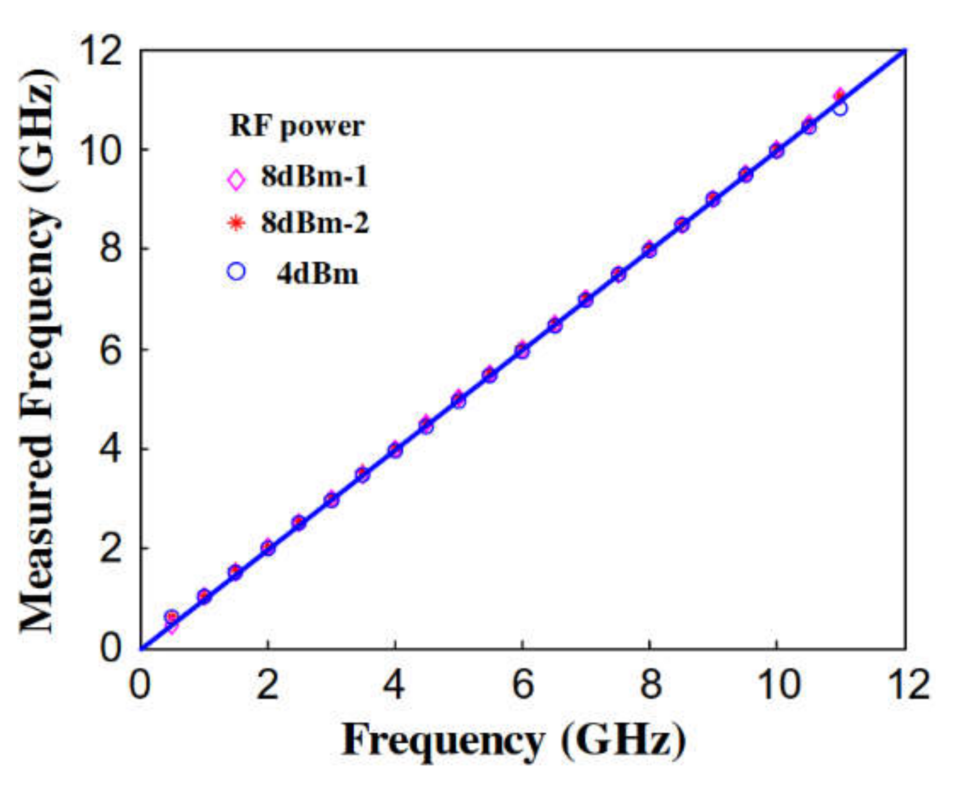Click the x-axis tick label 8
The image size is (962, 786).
[x=650, y=684]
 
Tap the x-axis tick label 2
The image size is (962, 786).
[x=267, y=684]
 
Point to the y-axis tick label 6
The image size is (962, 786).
[x=110, y=351]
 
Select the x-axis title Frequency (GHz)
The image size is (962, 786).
[x=514, y=740]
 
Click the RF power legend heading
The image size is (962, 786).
[x=297, y=126]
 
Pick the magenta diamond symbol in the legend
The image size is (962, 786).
[x=236, y=179]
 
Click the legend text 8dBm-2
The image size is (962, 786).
[x=314, y=223]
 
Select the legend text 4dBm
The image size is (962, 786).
[x=317, y=274]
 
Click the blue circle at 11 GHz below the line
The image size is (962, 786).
[x=840, y=109]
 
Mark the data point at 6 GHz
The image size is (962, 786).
[x=522, y=350]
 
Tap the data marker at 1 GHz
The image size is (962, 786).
[x=204, y=596]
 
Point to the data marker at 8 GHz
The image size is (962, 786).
[x=649, y=250]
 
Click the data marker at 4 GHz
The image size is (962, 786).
[x=395, y=449]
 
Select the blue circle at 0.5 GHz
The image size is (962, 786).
[x=172, y=616]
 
